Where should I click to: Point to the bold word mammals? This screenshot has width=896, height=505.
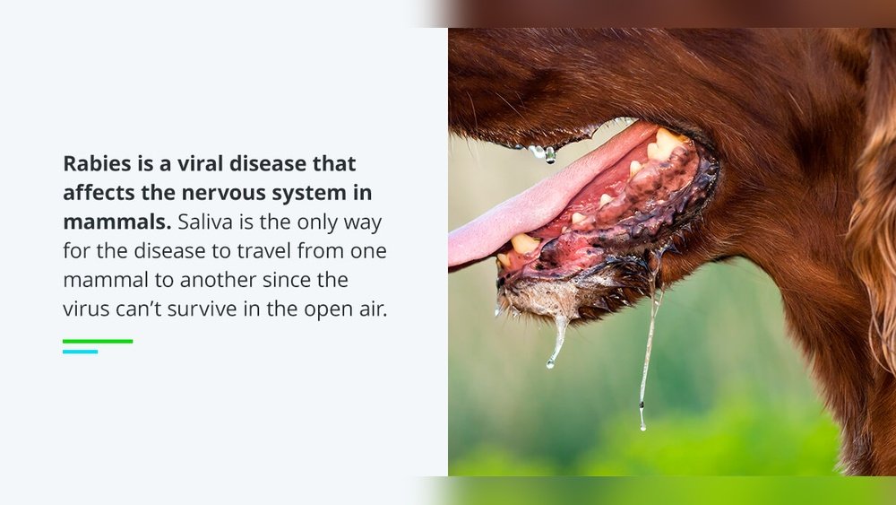(x=116, y=222)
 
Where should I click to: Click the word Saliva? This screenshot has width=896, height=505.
(x=208, y=222)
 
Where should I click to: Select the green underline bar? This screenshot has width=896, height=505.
(x=98, y=341)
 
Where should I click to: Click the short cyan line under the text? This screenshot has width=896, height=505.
(x=80, y=352)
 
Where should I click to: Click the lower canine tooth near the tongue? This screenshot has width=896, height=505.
(x=523, y=244)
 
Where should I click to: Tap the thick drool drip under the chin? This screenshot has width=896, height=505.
(x=557, y=341)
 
